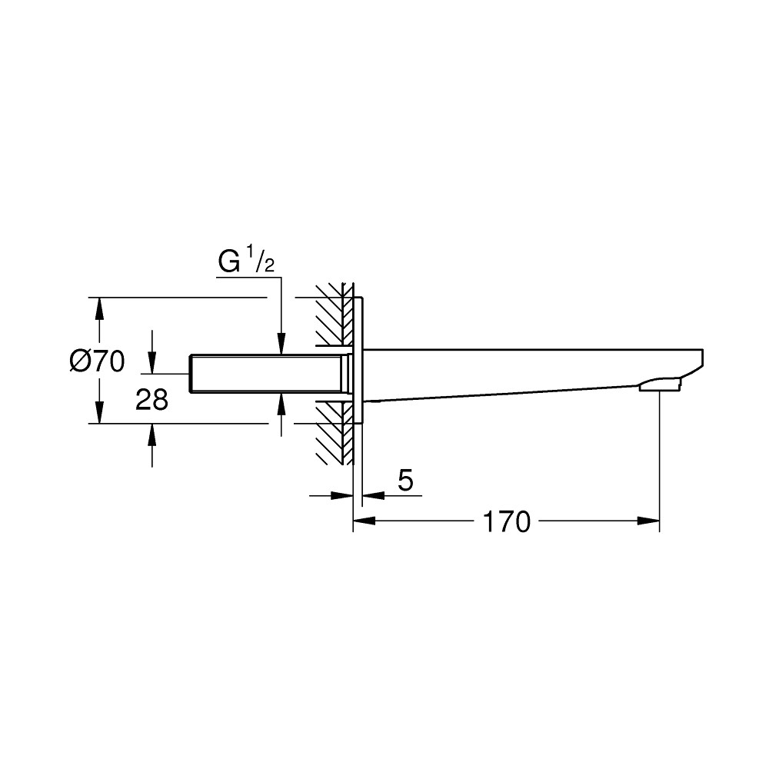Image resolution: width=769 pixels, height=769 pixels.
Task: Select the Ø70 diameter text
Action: click(96, 361)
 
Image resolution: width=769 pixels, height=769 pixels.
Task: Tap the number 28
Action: click(151, 399)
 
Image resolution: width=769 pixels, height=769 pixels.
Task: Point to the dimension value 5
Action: click(406, 481)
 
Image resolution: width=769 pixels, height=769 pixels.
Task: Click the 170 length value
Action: click(506, 522)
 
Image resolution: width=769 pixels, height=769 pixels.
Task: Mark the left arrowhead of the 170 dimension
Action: click(363, 521)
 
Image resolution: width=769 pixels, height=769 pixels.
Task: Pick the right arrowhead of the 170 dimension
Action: click(650, 521)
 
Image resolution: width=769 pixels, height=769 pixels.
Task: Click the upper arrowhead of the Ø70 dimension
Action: click(98, 308)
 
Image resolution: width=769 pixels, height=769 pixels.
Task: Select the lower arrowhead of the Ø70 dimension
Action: click(98, 414)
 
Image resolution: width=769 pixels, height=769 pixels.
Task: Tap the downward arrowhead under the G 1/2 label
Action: click(282, 344)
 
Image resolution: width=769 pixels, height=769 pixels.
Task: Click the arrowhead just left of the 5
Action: click(342, 496)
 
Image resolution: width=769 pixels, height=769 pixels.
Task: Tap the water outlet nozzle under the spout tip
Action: click(661, 384)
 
